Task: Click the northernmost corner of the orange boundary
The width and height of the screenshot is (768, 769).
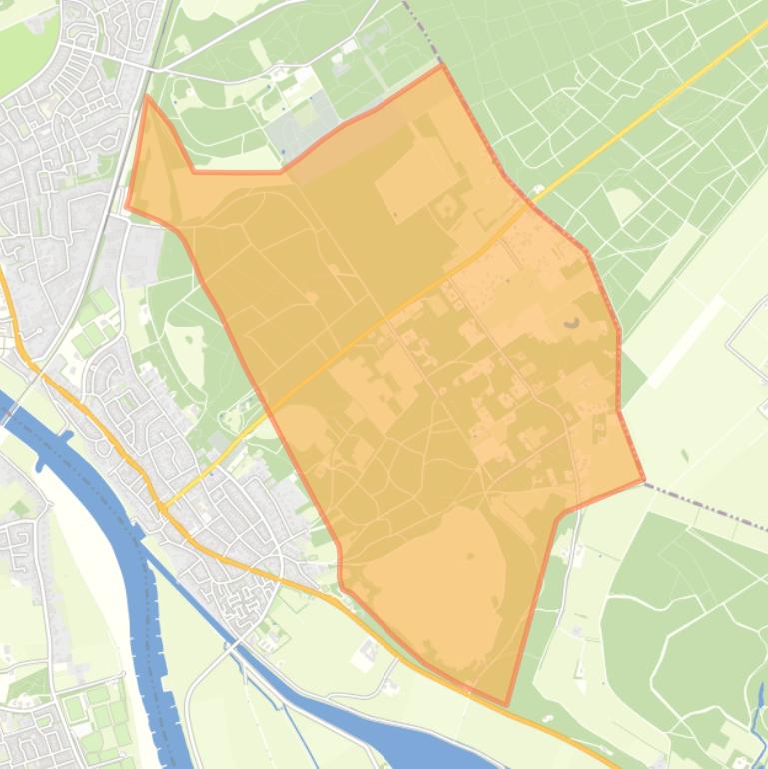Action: coord(441,67)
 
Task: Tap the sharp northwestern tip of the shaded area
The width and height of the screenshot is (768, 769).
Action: coord(148,97)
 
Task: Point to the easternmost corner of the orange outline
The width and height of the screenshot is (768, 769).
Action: coord(643,480)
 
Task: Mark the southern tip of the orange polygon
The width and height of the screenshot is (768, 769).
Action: coord(505,704)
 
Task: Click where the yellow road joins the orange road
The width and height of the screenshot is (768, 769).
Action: coord(162,507)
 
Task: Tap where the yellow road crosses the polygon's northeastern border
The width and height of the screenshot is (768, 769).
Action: coord(526,204)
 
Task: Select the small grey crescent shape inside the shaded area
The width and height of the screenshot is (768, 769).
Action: coord(571,323)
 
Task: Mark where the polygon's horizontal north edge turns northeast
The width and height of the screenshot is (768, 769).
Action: coord(283,171)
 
